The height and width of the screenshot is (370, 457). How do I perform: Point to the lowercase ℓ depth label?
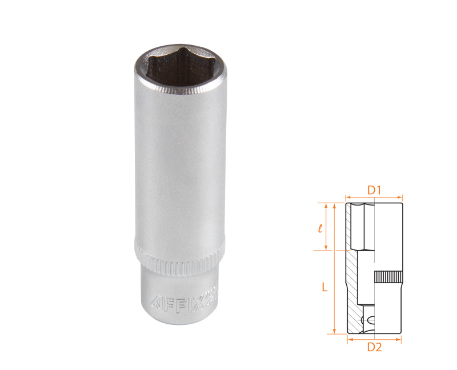(x=319, y=228)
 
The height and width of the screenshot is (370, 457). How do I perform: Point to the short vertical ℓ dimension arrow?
(x=326, y=227)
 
